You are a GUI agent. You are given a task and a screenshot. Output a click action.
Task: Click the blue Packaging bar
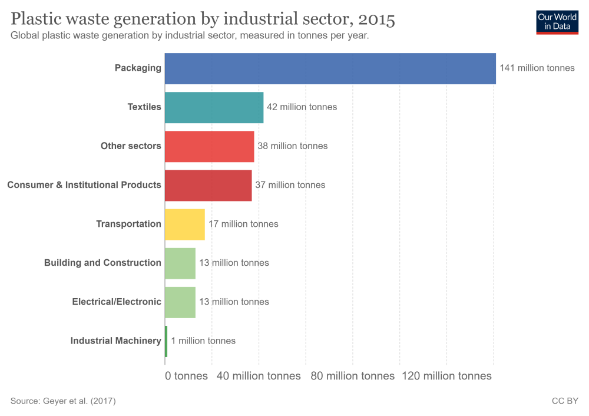(x=330, y=68)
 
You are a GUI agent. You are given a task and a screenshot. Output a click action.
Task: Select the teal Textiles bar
(x=214, y=107)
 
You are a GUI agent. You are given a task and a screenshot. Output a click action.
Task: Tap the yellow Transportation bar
(x=184, y=224)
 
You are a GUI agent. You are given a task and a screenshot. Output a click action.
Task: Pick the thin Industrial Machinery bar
(x=166, y=341)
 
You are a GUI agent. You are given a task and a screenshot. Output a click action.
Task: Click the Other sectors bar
(x=209, y=146)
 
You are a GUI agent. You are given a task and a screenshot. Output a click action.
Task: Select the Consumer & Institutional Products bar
(x=208, y=185)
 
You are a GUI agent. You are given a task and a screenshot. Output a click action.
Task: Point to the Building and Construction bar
(x=180, y=263)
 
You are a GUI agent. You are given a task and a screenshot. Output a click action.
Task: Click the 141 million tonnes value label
(x=537, y=68)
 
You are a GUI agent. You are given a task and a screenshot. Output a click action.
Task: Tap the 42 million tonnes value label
(x=302, y=107)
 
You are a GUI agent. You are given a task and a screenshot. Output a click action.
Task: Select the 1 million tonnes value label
(x=203, y=341)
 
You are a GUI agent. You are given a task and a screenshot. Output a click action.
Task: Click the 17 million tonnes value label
(x=243, y=224)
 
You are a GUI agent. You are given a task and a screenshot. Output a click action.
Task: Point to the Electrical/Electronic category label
(x=117, y=302)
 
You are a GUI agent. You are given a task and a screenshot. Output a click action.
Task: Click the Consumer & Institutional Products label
(x=84, y=185)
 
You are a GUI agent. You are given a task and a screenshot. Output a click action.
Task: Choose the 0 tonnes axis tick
(x=186, y=376)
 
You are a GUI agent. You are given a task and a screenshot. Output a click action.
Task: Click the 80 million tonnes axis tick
(x=352, y=376)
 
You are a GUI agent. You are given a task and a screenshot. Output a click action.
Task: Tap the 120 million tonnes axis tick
(x=446, y=376)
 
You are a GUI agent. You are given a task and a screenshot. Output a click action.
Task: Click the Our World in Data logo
(x=557, y=22)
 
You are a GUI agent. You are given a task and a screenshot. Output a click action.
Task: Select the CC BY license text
(x=565, y=401)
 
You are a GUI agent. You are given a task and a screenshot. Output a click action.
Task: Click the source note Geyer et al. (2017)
(x=63, y=401)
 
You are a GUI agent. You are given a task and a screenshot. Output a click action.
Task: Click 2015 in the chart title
(x=376, y=19)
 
